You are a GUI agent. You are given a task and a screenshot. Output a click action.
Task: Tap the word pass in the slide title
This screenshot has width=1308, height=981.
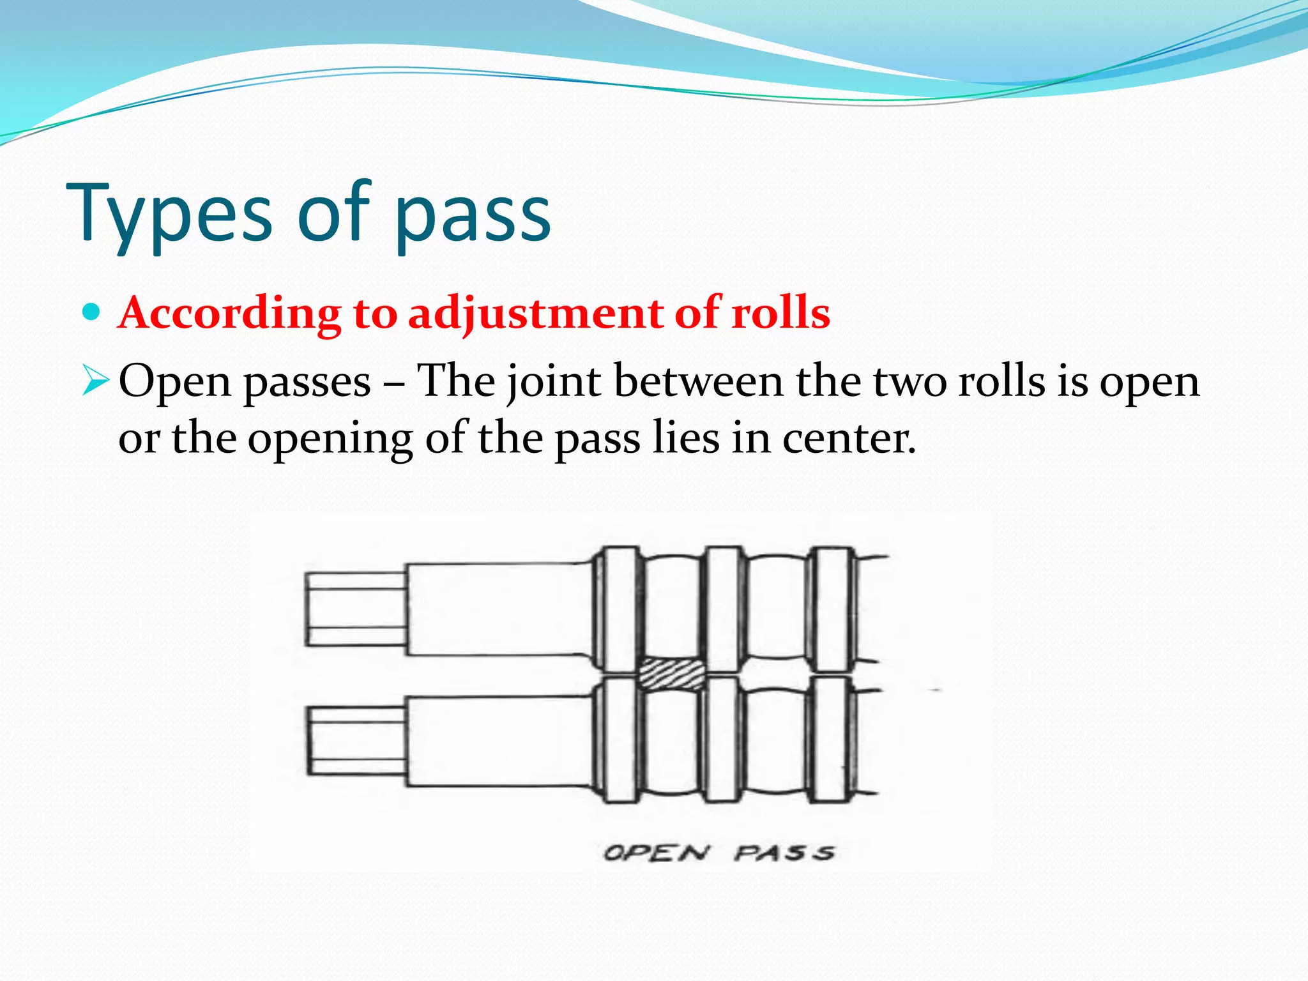(x=473, y=217)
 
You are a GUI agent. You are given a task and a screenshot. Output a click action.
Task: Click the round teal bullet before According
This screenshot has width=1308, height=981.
(x=93, y=312)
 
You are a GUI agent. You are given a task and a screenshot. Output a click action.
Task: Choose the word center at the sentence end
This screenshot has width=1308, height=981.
(x=849, y=439)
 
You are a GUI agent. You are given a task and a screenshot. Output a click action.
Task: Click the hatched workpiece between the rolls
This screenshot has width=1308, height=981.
(x=672, y=674)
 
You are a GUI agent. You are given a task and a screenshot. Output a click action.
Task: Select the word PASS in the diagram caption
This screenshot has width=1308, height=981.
(x=785, y=853)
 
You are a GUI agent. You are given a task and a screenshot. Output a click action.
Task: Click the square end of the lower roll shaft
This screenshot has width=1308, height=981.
(x=356, y=740)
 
